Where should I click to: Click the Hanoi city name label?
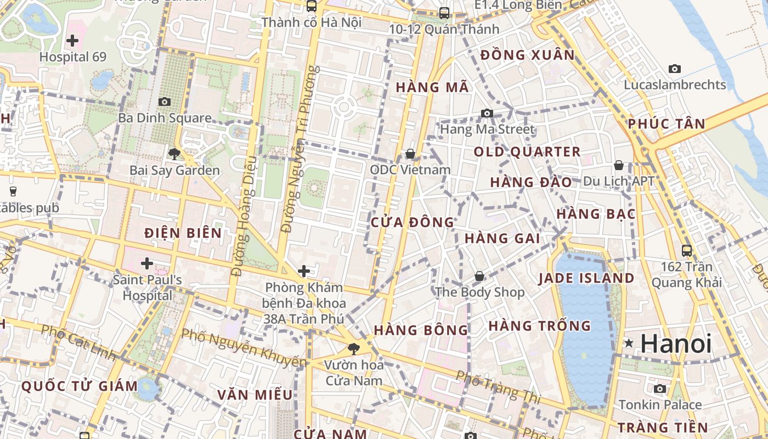click(676, 344)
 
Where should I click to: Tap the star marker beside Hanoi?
click(629, 344)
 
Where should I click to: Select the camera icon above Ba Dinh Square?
click(164, 102)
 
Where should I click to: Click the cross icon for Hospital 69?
click(72, 40)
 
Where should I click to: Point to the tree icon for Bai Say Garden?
click(174, 154)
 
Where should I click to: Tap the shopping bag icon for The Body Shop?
click(479, 276)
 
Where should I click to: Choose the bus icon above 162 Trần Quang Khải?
click(686, 251)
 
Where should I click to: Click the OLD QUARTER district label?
click(527, 152)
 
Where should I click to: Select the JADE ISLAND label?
click(586, 278)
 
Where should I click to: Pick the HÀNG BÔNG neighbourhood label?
click(421, 330)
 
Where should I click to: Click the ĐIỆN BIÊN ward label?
click(183, 233)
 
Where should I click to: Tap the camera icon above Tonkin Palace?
click(660, 389)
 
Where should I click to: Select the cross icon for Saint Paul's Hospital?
click(146, 263)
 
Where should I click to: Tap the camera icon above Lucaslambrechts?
click(675, 69)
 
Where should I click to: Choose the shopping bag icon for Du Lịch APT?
click(619, 165)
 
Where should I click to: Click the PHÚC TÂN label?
click(667, 123)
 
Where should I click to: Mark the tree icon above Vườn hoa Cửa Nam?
click(354, 348)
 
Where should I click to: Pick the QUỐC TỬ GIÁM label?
click(80, 386)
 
